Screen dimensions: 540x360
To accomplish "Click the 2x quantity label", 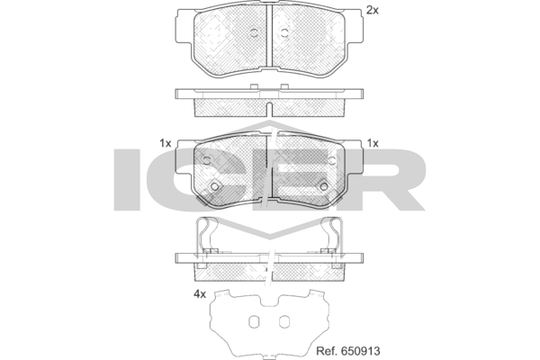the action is (372, 11).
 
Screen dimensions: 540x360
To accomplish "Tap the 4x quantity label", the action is (200, 294).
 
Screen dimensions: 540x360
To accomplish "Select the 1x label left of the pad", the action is (166, 143).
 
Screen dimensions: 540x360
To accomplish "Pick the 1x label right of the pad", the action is (373, 143).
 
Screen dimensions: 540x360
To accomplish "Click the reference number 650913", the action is (361, 351).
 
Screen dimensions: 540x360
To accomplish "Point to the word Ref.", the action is (327, 351).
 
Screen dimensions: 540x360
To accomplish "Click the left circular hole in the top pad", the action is (254, 33).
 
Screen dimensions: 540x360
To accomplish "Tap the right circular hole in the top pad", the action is (284, 33).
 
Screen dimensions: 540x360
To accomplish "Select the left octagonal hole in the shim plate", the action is (254, 322).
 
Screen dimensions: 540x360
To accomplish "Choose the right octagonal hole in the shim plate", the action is (284, 322).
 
